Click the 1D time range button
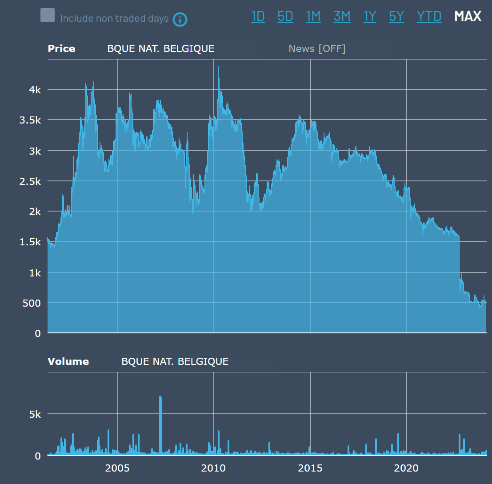click(x=258, y=16)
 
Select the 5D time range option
click(x=285, y=16)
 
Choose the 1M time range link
click(x=313, y=16)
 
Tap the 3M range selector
click(x=342, y=16)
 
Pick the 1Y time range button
click(x=370, y=16)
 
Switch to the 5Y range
click(x=396, y=16)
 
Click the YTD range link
click(x=429, y=16)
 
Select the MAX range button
click(x=468, y=16)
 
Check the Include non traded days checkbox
click(x=48, y=16)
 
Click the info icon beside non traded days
click(x=180, y=20)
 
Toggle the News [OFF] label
click(x=317, y=49)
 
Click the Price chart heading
click(x=61, y=49)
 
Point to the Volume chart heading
click(x=68, y=362)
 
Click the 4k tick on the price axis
click(x=35, y=90)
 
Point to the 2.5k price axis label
click(x=32, y=181)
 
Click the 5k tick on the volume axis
click(x=35, y=414)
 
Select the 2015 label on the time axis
click(x=310, y=468)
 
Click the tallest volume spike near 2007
click(x=160, y=397)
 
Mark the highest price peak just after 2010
click(x=218, y=67)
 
